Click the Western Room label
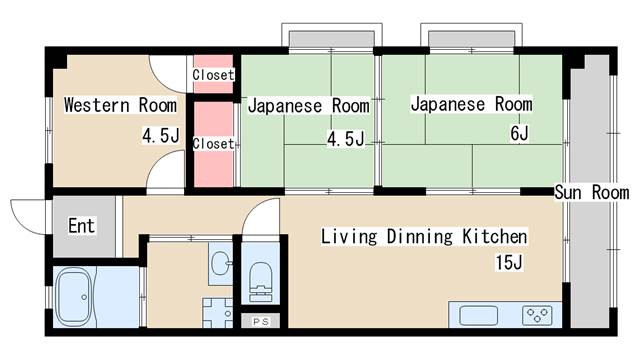pos(120,105)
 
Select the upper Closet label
pos(213,75)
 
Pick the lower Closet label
pos(213,144)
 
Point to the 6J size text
pos(517,134)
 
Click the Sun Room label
pos(592,192)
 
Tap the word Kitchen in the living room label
pos(493,237)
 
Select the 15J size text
pos(508,263)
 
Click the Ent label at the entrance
pos(81,226)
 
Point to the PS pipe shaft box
pos(260,321)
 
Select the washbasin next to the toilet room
pos(220,263)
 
